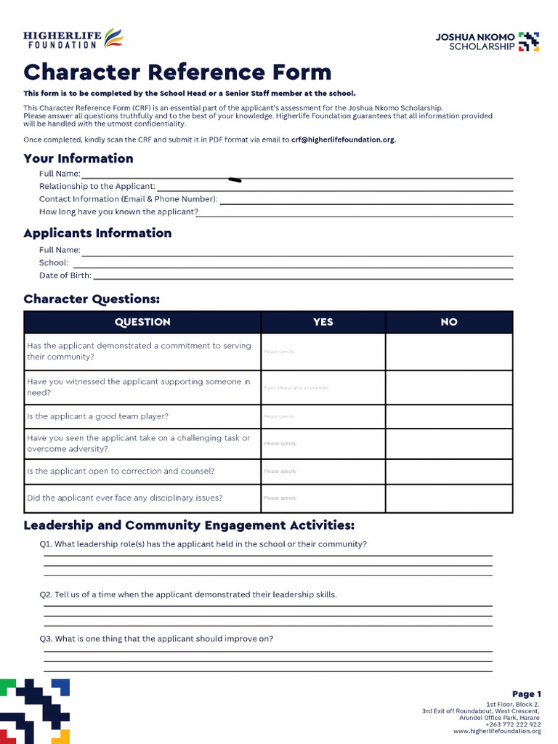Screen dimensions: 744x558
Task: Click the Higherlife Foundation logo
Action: [73, 39]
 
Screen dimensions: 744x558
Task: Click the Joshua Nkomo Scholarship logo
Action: [487, 41]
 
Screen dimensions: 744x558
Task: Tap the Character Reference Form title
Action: [177, 73]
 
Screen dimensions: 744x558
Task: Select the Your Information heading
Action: [78, 158]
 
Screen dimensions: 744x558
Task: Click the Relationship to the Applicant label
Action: [97, 187]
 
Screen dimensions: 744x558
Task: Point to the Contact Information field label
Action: [128, 199]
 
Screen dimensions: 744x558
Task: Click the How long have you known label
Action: [118, 212]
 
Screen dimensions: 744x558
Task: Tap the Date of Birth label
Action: [65, 275]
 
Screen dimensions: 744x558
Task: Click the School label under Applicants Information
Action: [54, 263]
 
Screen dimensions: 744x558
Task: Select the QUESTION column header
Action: [142, 322]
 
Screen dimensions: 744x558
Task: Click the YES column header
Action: [323, 322]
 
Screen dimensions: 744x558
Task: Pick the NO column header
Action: [449, 322]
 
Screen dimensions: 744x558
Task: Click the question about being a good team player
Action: [97, 416]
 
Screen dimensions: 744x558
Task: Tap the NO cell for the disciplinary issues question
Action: [449, 498]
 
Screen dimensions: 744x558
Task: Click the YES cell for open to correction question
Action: [323, 472]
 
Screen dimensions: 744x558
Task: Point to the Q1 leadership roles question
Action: [203, 544]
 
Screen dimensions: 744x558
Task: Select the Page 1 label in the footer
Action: [526, 694]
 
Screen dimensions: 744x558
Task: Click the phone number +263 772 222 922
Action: [513, 724]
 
